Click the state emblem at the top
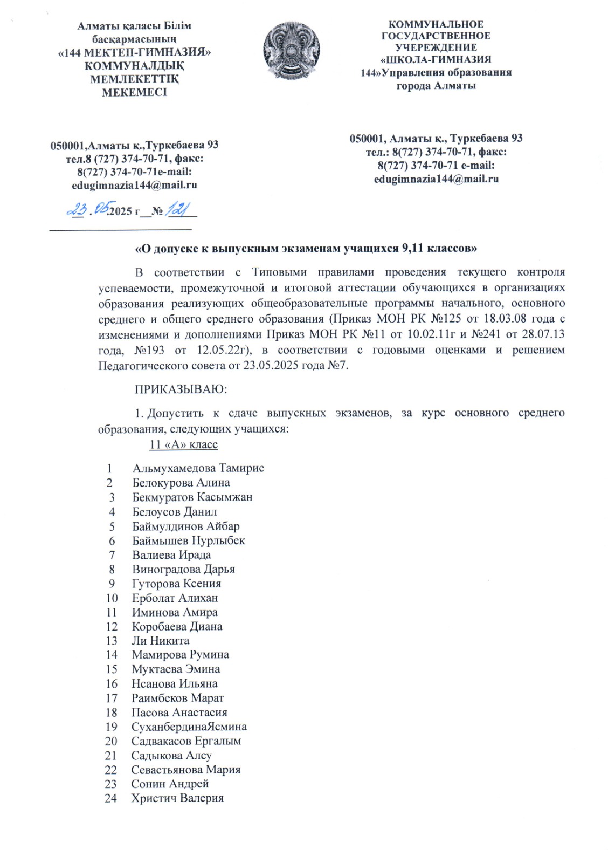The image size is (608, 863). point(291,52)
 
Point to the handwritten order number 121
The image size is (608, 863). point(177,209)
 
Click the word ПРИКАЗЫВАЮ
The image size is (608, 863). point(181,389)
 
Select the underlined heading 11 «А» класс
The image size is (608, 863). point(183,444)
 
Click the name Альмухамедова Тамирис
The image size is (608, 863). point(198,468)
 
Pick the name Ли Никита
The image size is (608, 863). point(161,641)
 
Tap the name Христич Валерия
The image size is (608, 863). point(177,798)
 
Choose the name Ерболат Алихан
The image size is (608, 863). point(175,598)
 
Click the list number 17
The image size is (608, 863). point(111,698)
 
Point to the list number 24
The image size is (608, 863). point(110,798)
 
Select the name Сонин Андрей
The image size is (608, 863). point(169,784)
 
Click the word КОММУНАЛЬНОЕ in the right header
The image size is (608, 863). point(436,24)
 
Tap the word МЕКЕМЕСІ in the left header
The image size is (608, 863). point(134,92)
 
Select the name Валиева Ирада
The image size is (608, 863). point(171,554)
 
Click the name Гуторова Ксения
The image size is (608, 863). point(176,584)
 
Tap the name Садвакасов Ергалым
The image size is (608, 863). point(186,741)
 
